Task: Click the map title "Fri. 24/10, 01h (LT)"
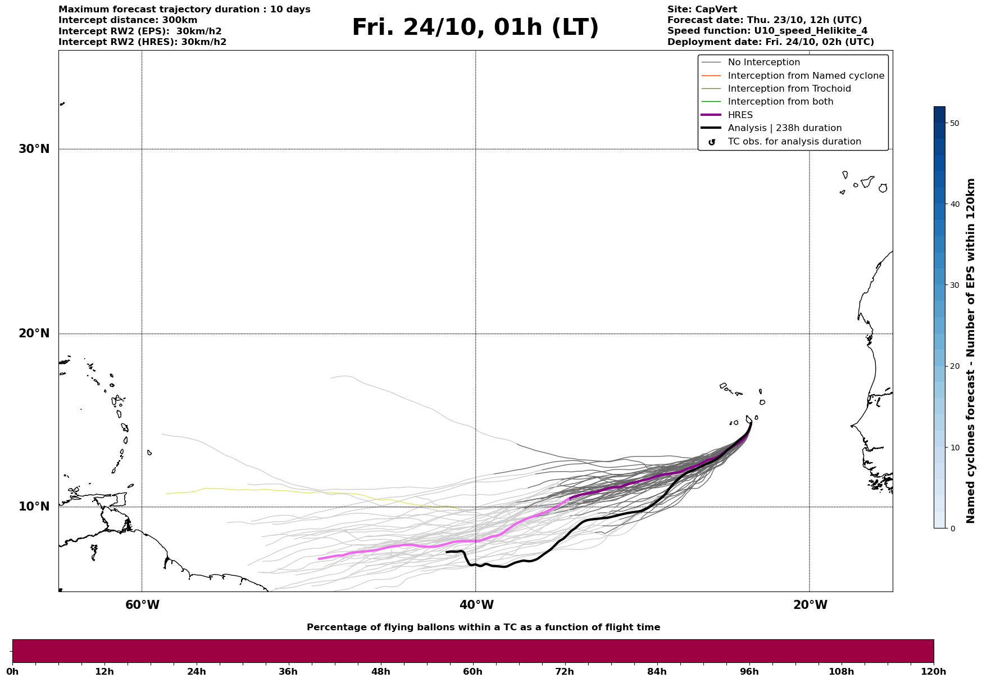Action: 475,28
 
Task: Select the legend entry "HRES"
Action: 740,115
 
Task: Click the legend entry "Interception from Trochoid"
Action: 789,89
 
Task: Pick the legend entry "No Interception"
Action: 763,62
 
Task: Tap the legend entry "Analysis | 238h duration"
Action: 784,128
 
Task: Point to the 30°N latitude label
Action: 34,149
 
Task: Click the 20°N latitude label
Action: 34,333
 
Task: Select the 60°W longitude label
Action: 142,605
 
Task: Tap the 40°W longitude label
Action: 476,605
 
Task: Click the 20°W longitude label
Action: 810,605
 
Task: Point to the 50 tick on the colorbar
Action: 954,123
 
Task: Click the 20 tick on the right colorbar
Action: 954,366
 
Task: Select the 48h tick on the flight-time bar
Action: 381,672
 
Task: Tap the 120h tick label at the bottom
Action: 933,672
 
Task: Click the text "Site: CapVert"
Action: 702,10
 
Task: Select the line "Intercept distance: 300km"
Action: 128,20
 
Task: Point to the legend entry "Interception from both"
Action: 780,102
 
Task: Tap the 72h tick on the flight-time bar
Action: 565,672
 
